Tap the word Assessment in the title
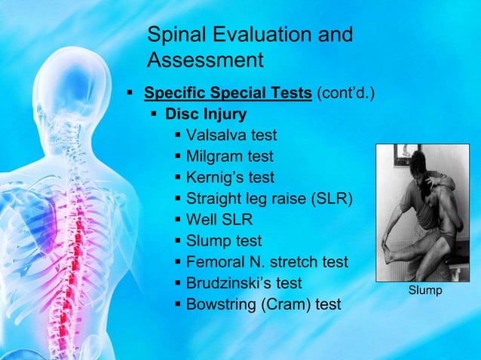pos(205,60)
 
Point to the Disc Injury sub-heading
pos(205,115)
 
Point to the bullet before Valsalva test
pos(177,136)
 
